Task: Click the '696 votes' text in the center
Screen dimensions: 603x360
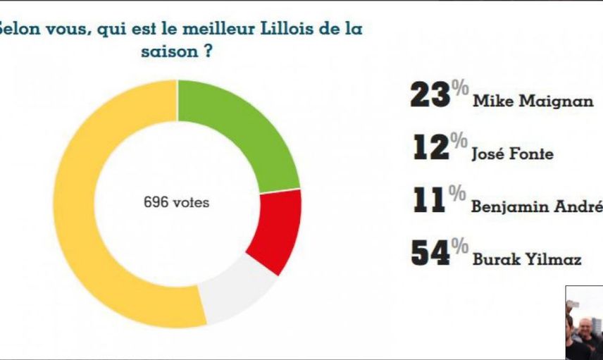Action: click(x=177, y=202)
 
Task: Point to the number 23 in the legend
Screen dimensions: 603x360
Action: click(x=430, y=95)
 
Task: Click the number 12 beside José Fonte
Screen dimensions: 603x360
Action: click(x=431, y=147)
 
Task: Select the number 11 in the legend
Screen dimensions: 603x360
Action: click(x=429, y=200)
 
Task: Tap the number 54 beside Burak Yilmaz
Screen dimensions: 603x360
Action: click(x=430, y=253)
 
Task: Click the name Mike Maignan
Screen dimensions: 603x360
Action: click(x=533, y=101)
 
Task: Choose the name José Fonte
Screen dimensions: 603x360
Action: click(x=513, y=154)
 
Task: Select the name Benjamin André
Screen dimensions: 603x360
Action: click(x=537, y=206)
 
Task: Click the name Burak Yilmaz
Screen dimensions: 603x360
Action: click(x=527, y=259)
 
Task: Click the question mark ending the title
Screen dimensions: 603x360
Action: click(x=208, y=51)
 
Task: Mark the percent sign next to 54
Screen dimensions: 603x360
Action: click(x=460, y=246)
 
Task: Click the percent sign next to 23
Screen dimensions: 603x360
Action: click(x=460, y=87)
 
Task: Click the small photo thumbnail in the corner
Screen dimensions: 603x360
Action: click(x=584, y=323)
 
